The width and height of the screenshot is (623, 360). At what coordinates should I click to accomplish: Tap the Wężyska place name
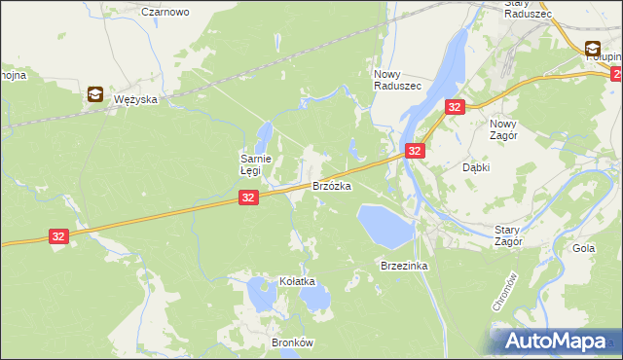click(x=135, y=99)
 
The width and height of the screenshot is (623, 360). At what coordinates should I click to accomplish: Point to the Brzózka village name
click(x=331, y=185)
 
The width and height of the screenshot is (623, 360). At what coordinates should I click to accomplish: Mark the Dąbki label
click(x=475, y=167)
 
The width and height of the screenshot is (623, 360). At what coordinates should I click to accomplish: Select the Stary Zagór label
click(x=508, y=234)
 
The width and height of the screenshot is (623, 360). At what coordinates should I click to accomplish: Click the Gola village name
click(x=584, y=248)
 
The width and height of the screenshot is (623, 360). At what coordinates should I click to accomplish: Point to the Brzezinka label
click(x=405, y=265)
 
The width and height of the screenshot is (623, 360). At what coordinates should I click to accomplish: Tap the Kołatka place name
click(x=298, y=281)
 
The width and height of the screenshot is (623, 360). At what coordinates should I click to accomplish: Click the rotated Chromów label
click(x=500, y=292)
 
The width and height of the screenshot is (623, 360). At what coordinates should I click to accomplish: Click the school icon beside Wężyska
click(x=95, y=94)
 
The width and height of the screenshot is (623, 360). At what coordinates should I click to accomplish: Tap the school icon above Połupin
click(x=593, y=48)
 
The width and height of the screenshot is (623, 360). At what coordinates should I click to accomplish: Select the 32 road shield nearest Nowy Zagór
click(x=455, y=108)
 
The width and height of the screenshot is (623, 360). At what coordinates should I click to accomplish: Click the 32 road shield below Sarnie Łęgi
click(x=248, y=198)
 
